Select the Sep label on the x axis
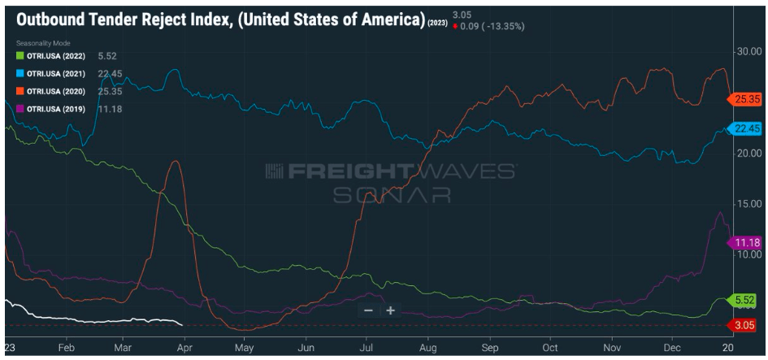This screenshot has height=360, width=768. (489, 345)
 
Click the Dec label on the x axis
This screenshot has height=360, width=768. (671, 345)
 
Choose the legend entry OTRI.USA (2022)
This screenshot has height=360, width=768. (56, 55)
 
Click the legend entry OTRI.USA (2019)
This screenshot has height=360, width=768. (56, 109)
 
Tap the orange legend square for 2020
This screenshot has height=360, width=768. (20, 91)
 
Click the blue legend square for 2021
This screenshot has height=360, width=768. (20, 73)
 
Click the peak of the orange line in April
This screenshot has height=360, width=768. (175, 162)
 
